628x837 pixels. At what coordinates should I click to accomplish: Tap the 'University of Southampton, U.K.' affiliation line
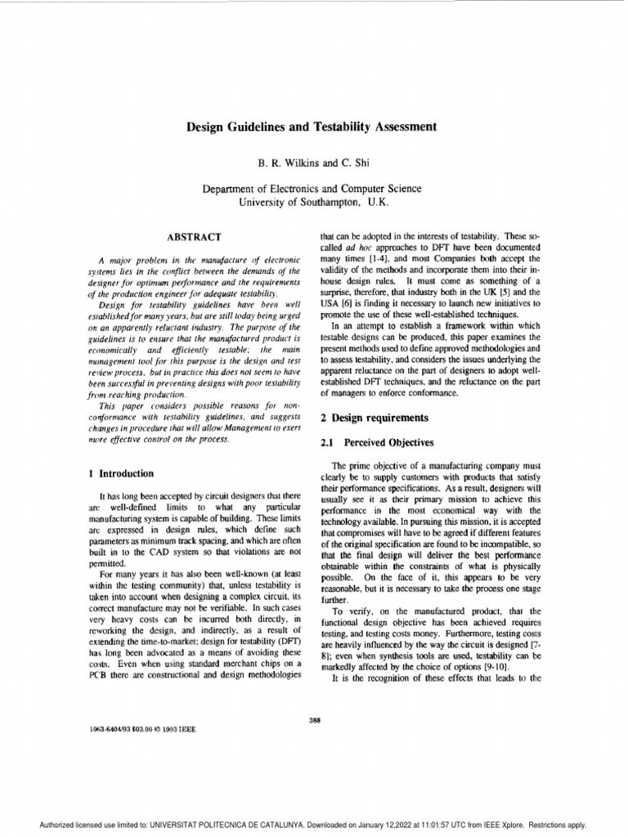point(314,201)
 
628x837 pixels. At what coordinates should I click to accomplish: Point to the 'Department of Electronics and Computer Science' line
point(314,188)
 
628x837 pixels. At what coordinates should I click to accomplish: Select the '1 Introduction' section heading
point(121,473)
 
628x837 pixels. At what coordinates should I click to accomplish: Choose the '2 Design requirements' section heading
point(374,418)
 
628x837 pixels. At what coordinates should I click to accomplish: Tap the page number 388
point(314,718)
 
